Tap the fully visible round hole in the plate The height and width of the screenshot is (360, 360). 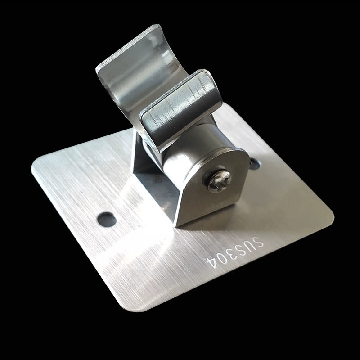click(x=107, y=219)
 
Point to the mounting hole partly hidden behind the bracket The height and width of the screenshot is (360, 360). click(x=255, y=164)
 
